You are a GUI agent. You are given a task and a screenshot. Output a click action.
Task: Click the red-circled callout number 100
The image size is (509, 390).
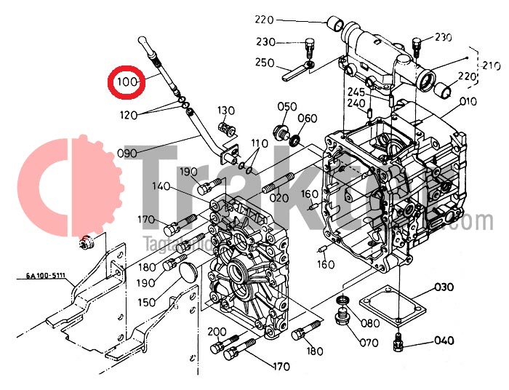click(x=127, y=82)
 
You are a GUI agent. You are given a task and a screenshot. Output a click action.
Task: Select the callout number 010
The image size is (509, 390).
click(x=468, y=101)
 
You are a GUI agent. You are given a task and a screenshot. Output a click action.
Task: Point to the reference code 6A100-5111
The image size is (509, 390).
click(x=46, y=276)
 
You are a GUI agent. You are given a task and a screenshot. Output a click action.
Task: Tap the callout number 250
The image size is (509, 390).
click(x=265, y=63)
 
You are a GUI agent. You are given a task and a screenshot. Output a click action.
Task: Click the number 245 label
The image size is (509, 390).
click(x=355, y=92)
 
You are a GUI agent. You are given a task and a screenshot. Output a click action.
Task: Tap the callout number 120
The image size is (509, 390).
click(x=129, y=114)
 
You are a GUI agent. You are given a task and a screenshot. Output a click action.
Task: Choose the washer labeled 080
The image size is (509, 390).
click(x=342, y=301)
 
